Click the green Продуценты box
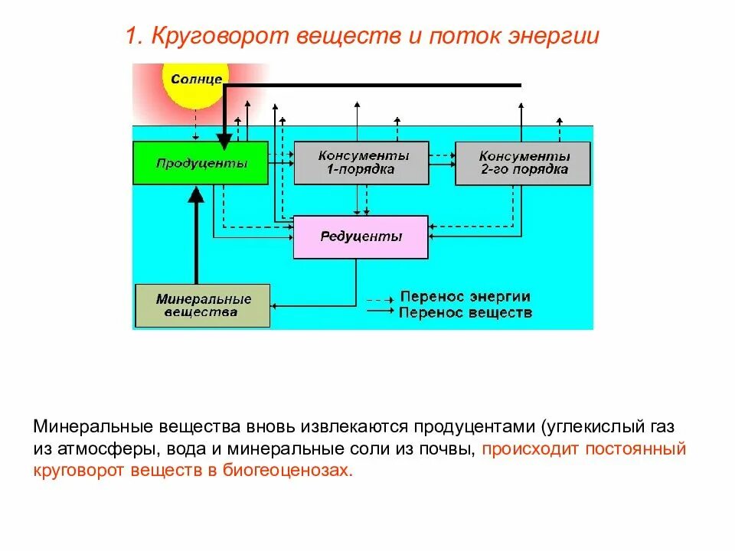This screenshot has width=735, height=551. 201,163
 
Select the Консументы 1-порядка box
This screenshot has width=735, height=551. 361,162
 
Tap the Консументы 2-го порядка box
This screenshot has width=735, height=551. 523,162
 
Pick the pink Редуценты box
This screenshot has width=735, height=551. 361,236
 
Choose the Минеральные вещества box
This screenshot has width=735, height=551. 202,305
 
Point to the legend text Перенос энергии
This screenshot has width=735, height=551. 465,297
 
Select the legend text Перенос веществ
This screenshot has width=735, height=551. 465,313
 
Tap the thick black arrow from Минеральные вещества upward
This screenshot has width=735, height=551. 196,237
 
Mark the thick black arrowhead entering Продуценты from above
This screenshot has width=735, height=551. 224,140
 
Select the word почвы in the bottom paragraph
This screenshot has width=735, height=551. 453,448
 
